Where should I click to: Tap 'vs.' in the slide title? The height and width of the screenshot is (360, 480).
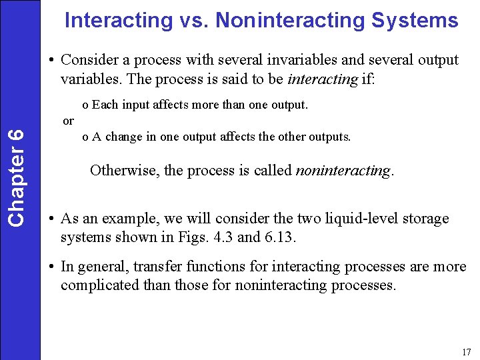coord(192,21)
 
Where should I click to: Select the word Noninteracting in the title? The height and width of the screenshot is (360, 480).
coord(290,21)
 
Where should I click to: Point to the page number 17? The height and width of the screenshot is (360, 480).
coord(465,351)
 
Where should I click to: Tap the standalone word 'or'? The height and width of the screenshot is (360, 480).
coord(68,121)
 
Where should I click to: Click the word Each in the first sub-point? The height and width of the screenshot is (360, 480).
coord(104,105)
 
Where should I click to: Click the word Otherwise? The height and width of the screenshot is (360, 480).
coord(124,170)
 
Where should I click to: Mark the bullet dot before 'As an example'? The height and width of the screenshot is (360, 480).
coord(51,219)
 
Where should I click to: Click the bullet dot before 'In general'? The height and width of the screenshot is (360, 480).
coord(51,267)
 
